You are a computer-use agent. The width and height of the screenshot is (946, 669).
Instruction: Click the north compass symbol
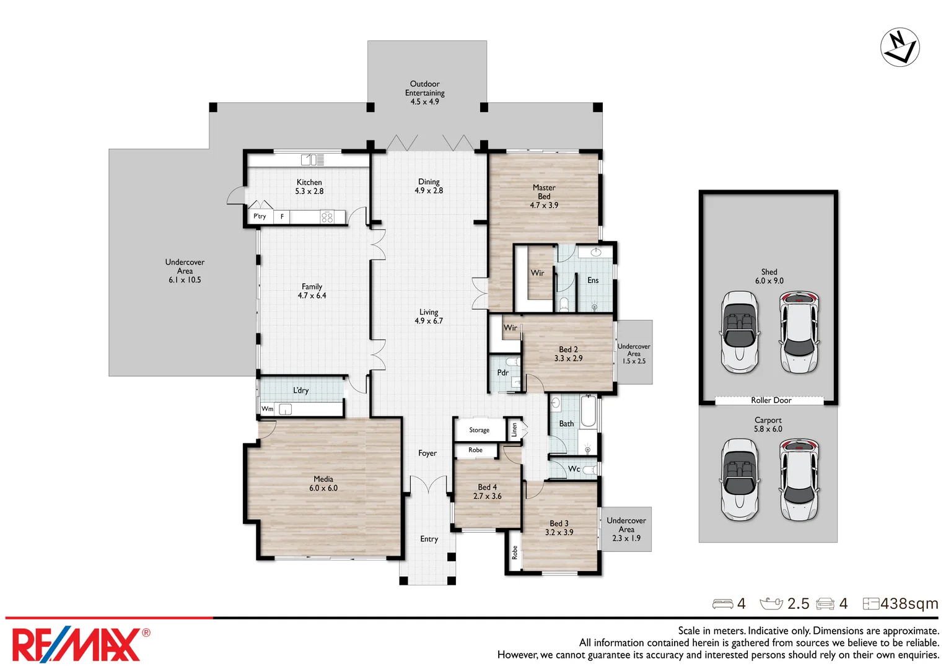coord(900,47)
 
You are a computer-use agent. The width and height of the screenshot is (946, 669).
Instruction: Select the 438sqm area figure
coord(908,603)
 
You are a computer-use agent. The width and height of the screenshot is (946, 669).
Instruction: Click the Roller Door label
coord(771,400)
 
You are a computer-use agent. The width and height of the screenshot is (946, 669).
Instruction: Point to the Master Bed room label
coord(543,196)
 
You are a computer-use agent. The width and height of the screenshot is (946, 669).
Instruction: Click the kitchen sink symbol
coord(312,160)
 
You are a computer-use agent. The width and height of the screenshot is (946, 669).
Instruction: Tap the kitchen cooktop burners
coord(327,217)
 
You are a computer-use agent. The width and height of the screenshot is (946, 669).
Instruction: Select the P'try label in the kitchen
coord(260,216)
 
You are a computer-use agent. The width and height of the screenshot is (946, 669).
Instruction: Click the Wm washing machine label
coord(267,409)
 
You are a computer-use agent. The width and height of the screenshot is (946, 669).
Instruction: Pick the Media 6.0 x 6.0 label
coord(323,484)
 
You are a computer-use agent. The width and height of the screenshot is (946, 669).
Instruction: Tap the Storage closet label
coord(479,430)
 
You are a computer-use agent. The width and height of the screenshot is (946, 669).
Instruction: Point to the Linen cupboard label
coord(514,429)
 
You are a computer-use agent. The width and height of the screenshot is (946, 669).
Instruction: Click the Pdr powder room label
coord(502,372)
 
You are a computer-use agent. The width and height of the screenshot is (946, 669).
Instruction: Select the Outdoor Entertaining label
coord(424,92)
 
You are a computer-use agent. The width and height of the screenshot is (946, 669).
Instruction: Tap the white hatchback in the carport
coord(799,479)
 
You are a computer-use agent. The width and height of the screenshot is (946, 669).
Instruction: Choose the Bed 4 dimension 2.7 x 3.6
coord(487,496)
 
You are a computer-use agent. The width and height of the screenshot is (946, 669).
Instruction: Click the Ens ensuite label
coord(593,281)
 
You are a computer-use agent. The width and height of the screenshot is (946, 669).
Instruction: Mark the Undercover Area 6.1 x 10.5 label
coord(185,271)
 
